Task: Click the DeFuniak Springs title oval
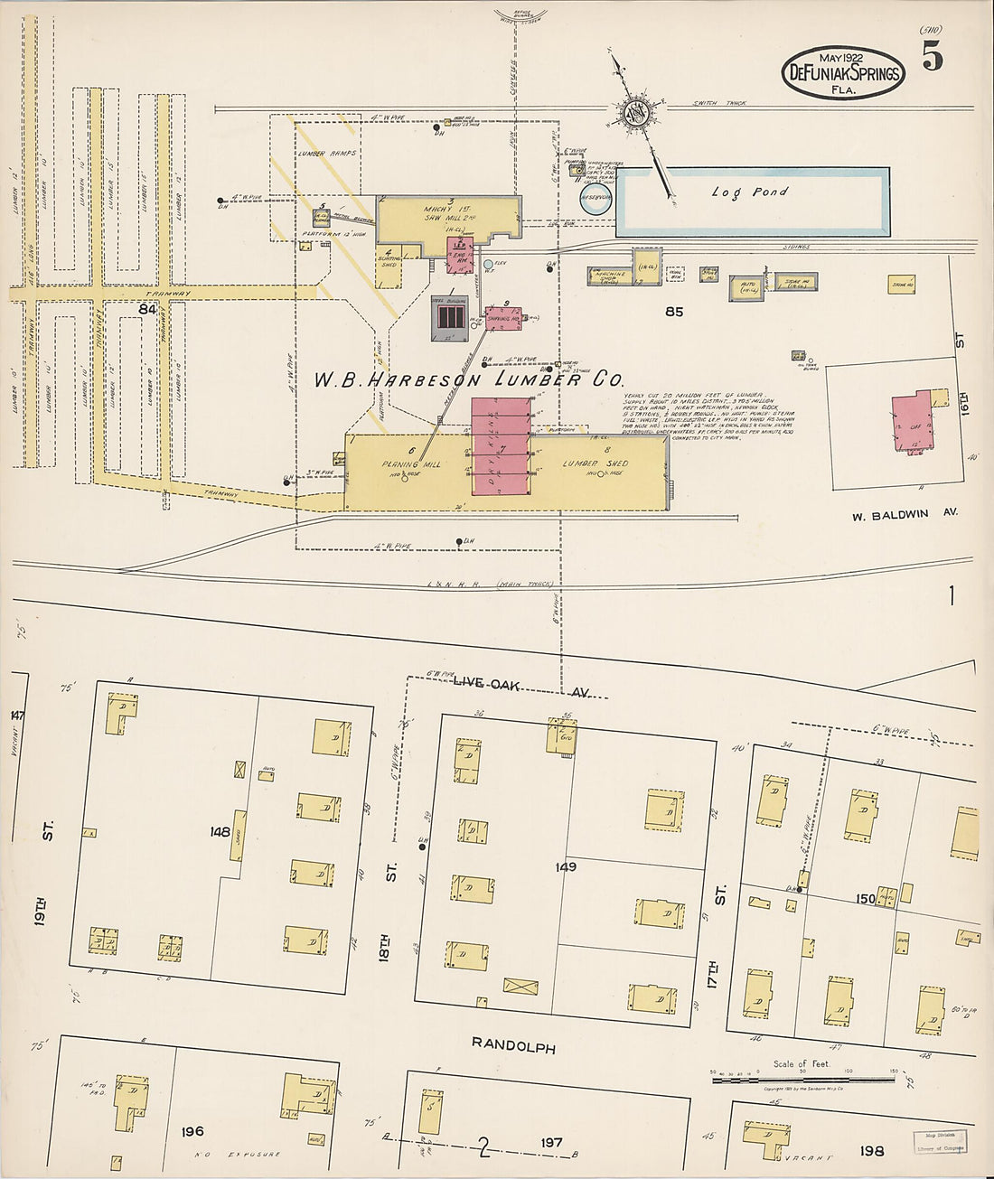point(843,72)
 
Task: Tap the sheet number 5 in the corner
point(933,58)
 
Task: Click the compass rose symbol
point(635,112)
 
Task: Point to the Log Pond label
point(749,192)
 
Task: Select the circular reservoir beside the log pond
point(595,200)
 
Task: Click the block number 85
point(673,313)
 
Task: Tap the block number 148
point(220,831)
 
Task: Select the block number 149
point(567,867)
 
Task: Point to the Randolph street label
point(513,1047)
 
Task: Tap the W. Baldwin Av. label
point(904,515)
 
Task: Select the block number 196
point(192,1131)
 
